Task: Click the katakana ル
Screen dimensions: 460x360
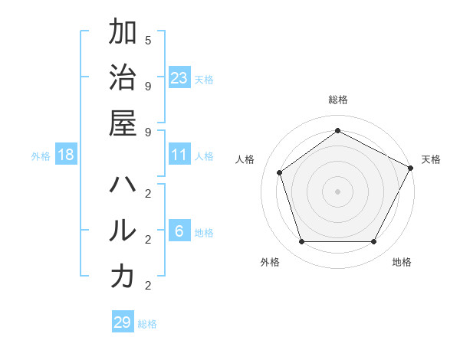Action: pos(123,231)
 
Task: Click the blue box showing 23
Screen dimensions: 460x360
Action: pos(179,77)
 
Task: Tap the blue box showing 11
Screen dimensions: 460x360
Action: pos(179,155)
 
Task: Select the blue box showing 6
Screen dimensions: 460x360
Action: pos(179,231)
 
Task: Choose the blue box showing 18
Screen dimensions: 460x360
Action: pos(66,155)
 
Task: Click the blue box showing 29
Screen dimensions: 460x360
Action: pos(123,322)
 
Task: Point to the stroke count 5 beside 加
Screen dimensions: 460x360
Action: pos(148,40)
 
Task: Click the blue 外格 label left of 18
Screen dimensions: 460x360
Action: pos(41,156)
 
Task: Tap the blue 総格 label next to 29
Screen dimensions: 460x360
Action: pos(147,324)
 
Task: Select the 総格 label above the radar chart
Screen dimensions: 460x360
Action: pos(337,100)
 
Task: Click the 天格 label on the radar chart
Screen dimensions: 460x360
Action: pos(431,159)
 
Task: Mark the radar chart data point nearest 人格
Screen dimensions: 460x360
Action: pos(280,172)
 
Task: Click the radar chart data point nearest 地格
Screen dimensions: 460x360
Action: pos(373,242)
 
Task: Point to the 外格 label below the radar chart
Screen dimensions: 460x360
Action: pos(270,263)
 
